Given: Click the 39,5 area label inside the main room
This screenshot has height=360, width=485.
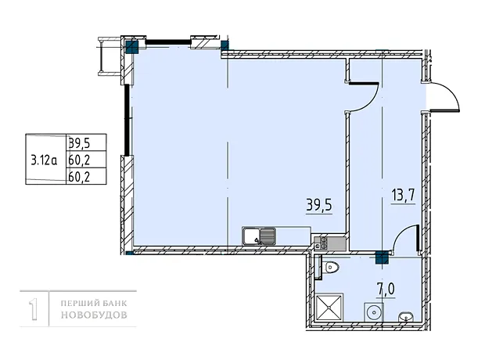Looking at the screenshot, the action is click(x=319, y=205).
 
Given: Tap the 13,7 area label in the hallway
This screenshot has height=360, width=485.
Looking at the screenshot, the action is click(x=403, y=196).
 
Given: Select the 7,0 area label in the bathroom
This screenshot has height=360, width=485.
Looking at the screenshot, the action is click(x=386, y=289).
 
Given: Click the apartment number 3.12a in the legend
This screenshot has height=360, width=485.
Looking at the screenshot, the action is click(x=44, y=160).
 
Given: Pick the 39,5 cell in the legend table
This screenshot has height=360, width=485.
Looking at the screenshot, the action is click(x=79, y=142).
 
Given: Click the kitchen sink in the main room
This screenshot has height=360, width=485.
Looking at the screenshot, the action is click(x=259, y=236).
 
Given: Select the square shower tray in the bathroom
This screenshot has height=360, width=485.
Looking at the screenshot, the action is click(x=329, y=307).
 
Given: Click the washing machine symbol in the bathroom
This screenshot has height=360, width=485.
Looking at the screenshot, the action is click(x=374, y=312).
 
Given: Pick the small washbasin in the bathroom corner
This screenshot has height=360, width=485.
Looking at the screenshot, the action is click(x=405, y=316).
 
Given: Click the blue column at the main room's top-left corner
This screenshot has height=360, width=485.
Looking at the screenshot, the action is click(x=132, y=47).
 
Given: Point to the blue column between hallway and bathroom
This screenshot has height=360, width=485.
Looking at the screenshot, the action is click(x=382, y=257).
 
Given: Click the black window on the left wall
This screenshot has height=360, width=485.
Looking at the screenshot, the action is click(x=127, y=120).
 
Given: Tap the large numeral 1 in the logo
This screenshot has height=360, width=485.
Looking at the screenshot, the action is click(x=34, y=308).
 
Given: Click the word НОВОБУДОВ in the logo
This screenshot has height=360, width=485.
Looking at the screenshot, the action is click(x=94, y=315).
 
